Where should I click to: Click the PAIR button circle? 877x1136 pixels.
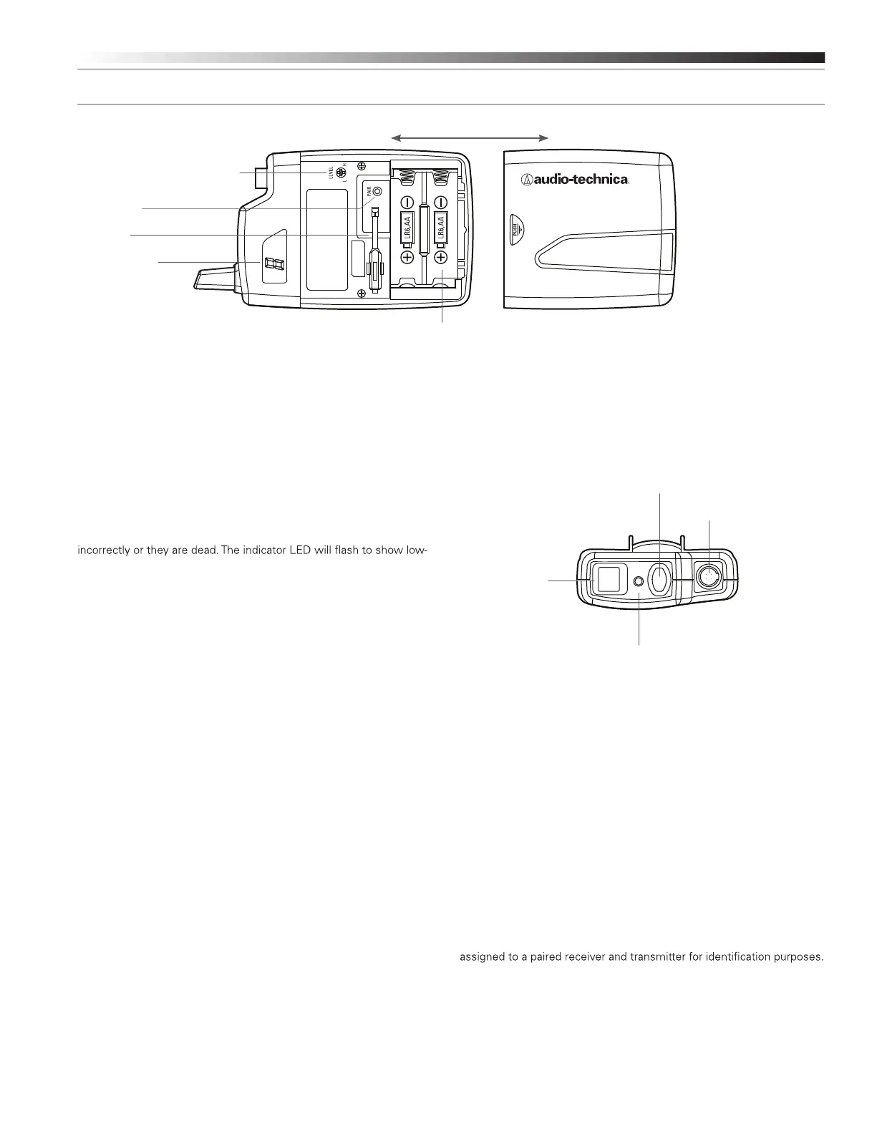point(377,192)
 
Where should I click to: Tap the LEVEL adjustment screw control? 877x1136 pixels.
point(341,173)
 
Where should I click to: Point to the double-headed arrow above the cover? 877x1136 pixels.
point(470,135)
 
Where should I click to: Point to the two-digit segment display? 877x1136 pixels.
point(273,266)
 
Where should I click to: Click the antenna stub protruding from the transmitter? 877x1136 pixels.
point(214,278)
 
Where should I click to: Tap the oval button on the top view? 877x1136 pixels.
point(659,580)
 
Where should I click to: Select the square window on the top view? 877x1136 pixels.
point(608,579)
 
